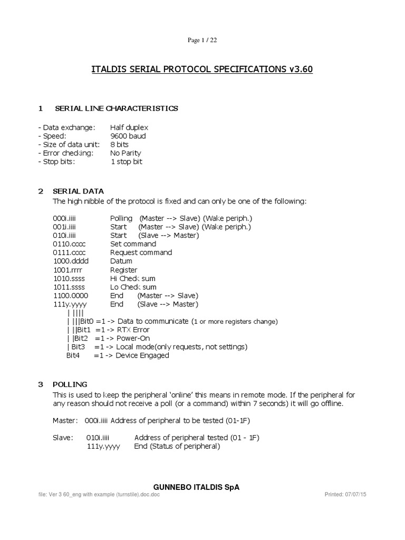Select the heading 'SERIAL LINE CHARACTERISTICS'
[x=117, y=109]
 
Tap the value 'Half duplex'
[x=129, y=128]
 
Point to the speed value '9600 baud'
[x=128, y=136]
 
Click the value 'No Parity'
[x=127, y=153]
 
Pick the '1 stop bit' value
[x=126, y=162]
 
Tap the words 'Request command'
[x=141, y=253]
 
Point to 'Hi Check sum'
[x=133, y=278]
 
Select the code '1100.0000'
[x=71, y=296]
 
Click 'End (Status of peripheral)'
[x=177, y=446]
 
